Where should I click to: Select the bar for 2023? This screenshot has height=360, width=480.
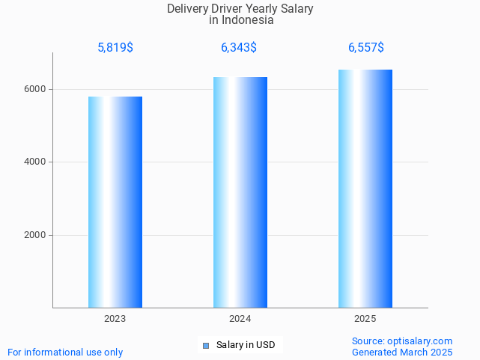pyautogui.click(x=115, y=202)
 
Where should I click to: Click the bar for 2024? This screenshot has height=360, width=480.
pyautogui.click(x=240, y=192)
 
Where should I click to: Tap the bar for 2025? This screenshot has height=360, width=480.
pyautogui.click(x=365, y=189)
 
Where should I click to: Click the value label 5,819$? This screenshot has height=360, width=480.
pyautogui.click(x=115, y=48)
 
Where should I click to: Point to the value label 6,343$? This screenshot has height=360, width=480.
pyautogui.click(x=239, y=48)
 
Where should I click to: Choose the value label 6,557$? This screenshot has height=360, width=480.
pyautogui.click(x=366, y=48)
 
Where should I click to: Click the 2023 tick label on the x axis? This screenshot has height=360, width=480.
pyautogui.click(x=115, y=319)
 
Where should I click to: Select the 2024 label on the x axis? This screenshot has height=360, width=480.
pyautogui.click(x=240, y=319)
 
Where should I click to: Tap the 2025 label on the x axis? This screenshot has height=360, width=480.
pyautogui.click(x=365, y=319)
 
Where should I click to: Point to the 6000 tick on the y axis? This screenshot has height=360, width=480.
pyautogui.click(x=36, y=89)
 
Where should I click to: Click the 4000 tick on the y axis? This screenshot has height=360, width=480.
pyautogui.click(x=36, y=162)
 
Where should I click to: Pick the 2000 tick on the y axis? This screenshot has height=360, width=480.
pyautogui.click(x=36, y=235)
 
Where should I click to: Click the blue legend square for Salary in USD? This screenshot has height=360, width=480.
pyautogui.click(x=206, y=345)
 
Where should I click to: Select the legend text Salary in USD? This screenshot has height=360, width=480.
pyautogui.click(x=246, y=345)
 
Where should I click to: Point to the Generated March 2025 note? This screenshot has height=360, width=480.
pyautogui.click(x=402, y=352)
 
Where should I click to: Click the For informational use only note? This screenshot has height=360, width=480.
pyautogui.click(x=65, y=352)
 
